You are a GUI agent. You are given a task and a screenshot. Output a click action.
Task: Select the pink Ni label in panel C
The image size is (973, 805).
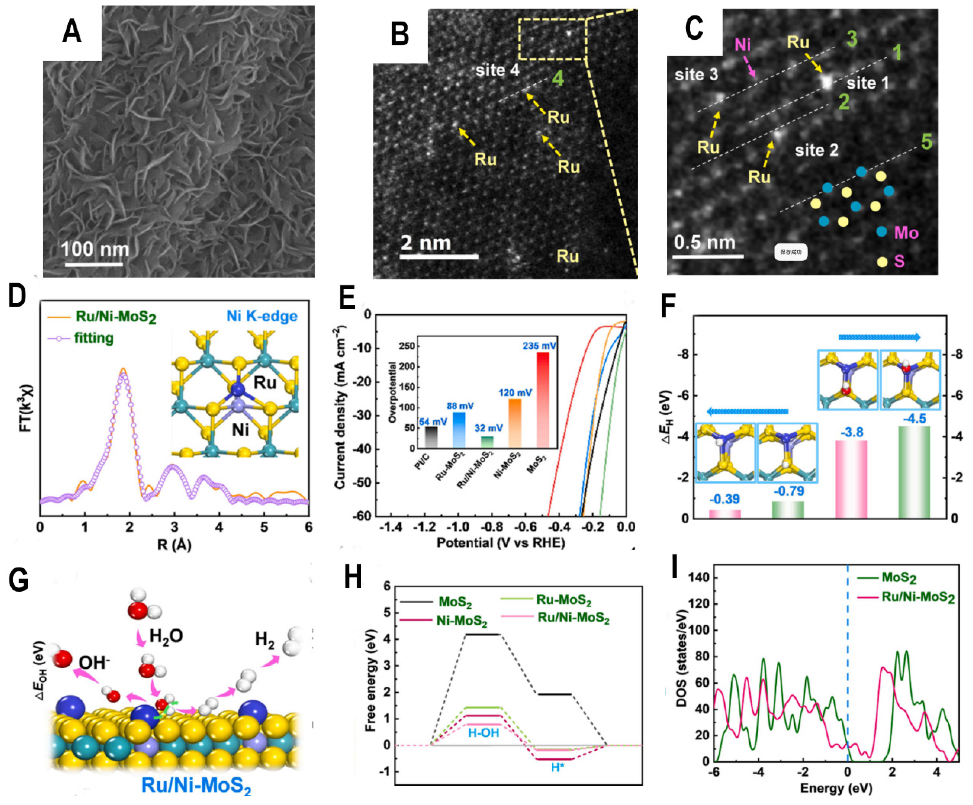[x=742, y=45]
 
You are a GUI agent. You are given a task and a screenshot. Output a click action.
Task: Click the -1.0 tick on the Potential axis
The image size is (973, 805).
[x=458, y=528]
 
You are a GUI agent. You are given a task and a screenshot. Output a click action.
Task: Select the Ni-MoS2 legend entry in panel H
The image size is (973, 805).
[x=462, y=621]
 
